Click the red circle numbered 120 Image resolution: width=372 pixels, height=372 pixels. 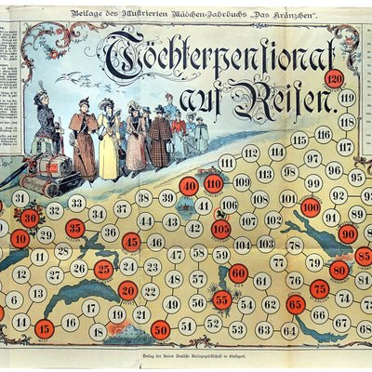(335, 78)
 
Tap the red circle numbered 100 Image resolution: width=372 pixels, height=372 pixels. (311, 206)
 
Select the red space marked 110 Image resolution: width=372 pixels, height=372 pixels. (214, 184)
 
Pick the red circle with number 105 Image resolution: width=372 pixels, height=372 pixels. (221, 228)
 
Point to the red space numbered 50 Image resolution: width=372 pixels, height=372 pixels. (160, 328)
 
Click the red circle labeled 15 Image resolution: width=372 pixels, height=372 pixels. (44, 327)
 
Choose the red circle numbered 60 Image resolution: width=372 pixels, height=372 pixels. (238, 273)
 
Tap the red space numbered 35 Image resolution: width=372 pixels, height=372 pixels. (75, 228)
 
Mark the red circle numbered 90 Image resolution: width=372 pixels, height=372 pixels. (348, 233)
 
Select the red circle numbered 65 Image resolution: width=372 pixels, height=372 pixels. (296, 303)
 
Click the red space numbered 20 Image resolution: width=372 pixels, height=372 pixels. (128, 290)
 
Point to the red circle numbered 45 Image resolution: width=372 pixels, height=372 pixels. (132, 242)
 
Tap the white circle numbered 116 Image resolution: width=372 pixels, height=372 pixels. (323, 134)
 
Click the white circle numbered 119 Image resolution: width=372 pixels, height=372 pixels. (347, 98)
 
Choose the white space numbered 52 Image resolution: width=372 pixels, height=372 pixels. (213, 324)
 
